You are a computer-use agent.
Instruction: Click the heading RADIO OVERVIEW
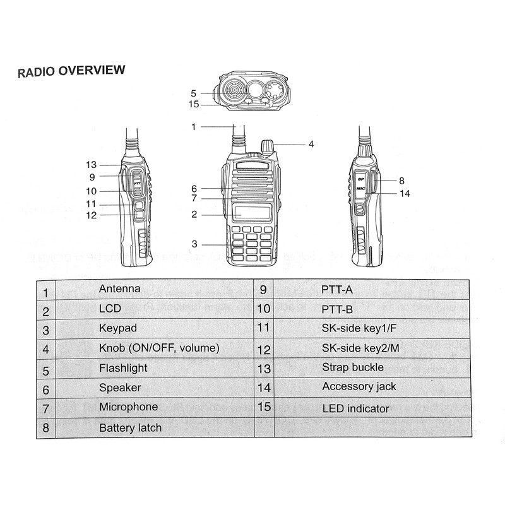[71, 71]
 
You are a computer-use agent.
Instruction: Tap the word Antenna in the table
[119, 288]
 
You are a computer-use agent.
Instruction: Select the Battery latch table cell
[130, 428]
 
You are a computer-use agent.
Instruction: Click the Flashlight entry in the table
[123, 368]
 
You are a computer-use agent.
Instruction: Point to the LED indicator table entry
[355, 408]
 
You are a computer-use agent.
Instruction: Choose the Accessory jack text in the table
[359, 386]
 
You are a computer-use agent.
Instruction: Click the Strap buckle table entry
[352, 367]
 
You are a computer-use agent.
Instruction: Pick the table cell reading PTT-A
[337, 290]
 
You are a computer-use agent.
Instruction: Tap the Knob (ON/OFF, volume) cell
[159, 348]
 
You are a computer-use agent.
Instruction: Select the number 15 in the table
[264, 407]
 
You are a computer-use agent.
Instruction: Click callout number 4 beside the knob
[311, 144]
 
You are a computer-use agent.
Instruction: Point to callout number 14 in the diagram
[405, 194]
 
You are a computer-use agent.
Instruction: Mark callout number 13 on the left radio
[92, 165]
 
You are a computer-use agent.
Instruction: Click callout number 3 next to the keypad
[194, 244]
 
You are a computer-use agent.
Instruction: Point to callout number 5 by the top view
[194, 93]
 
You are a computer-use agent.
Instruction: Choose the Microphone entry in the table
[128, 407]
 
